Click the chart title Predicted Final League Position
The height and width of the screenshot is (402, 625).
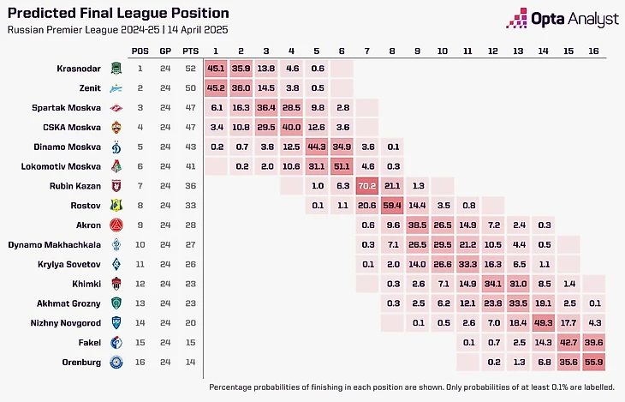point(117,14)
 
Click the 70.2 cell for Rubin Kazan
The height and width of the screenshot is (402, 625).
point(368,184)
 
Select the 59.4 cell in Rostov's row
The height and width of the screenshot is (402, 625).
point(394,205)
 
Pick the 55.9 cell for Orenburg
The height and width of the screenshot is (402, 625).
point(593,362)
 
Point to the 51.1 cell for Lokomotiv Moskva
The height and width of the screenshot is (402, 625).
point(343,165)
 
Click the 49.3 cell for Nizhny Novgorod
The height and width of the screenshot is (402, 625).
point(543,322)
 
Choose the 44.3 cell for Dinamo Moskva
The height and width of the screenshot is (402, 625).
point(318,146)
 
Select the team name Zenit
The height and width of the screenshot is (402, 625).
point(86,87)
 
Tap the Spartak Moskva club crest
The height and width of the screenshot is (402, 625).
point(116,107)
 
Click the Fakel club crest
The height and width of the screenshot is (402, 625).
point(116,342)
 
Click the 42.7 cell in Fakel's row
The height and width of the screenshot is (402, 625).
point(568,342)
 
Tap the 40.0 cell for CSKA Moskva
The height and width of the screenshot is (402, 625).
point(293,126)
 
